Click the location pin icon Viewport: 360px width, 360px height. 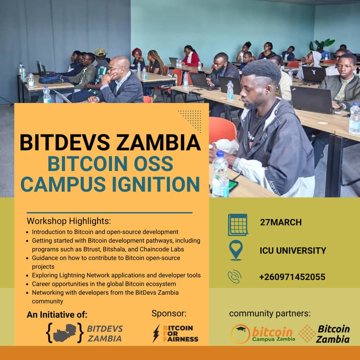coord(236,250)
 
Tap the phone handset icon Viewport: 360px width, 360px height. coord(234,277)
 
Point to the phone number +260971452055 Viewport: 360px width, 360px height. coord(292,277)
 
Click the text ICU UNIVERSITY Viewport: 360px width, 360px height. coord(293,251)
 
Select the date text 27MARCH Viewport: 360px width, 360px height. coord(281,222)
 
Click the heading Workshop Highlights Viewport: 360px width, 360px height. coord(69,221)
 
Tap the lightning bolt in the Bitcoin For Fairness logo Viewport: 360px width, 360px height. coord(156,333)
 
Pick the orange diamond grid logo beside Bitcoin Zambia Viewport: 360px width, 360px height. coord(307,333)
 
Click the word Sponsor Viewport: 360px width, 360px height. coord(169,314)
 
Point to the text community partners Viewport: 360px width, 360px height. coord(270,313)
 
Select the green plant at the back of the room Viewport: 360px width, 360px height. coord(322,44)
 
